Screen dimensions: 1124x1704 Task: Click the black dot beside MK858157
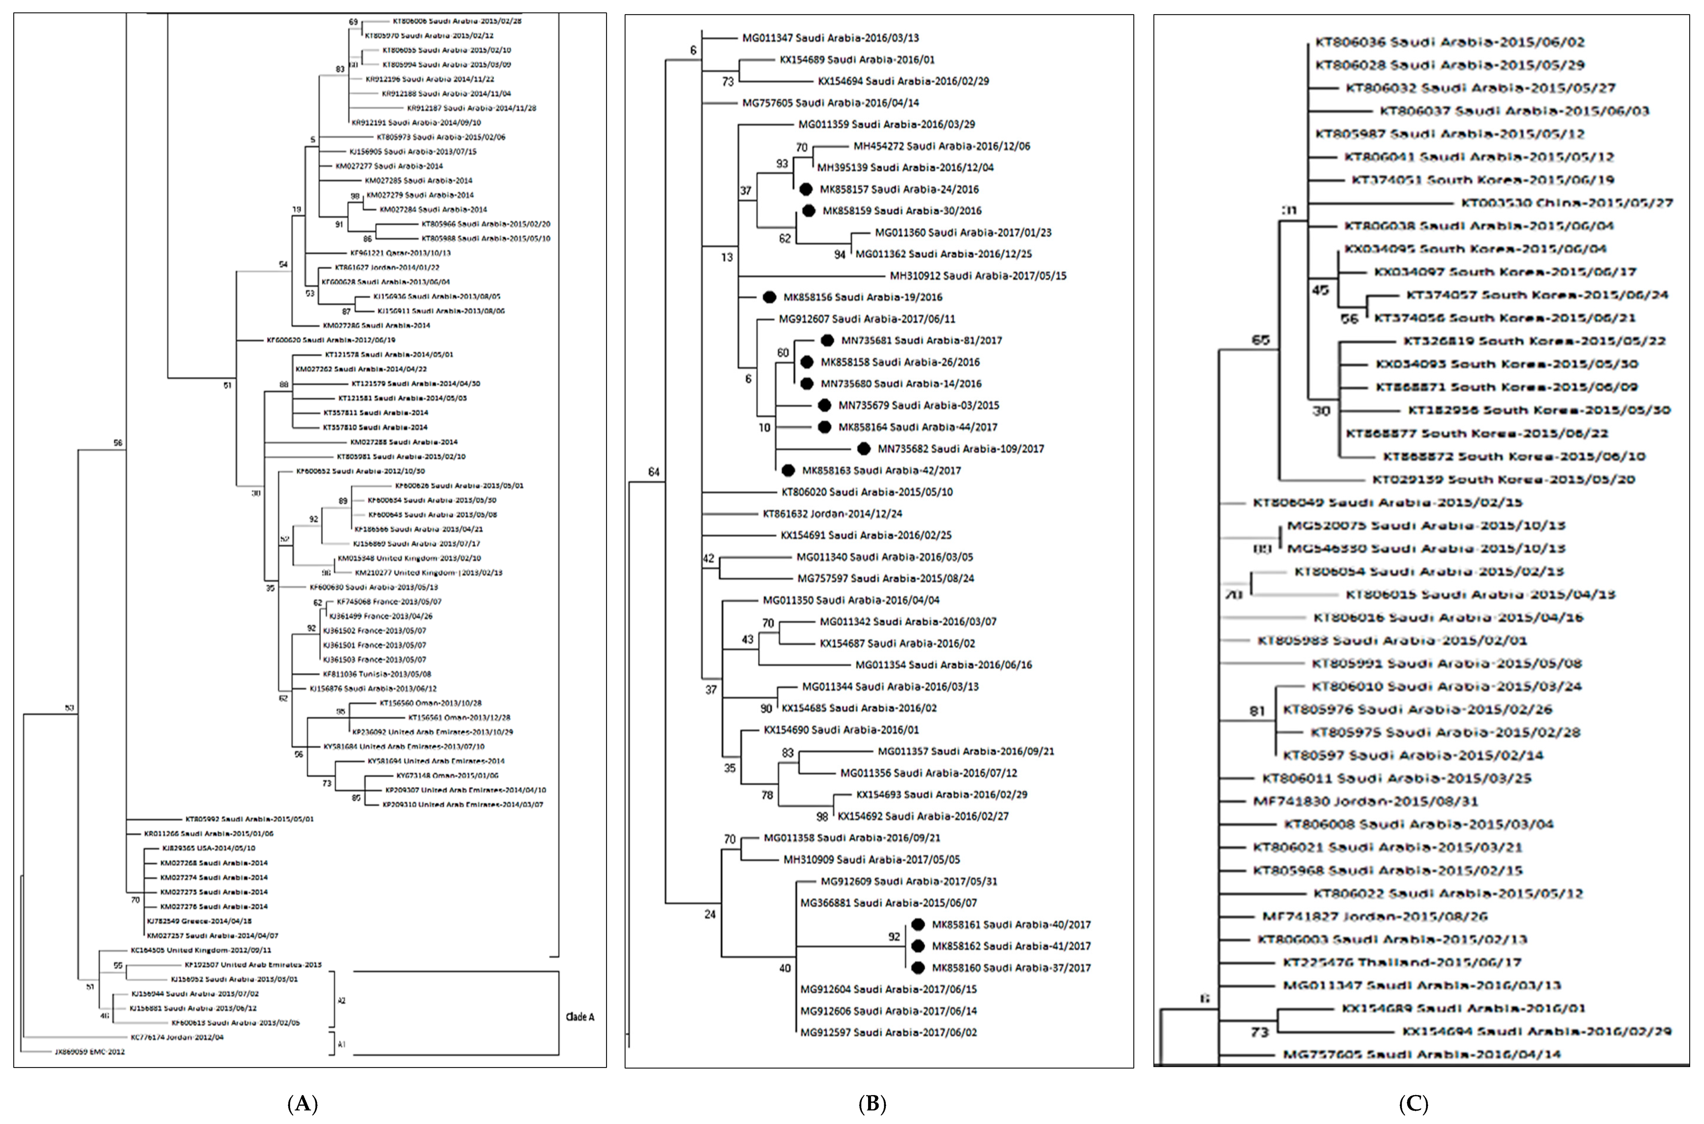806,189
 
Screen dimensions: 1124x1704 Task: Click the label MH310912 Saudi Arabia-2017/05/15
978,275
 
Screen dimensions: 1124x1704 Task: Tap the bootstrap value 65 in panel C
1260,340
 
